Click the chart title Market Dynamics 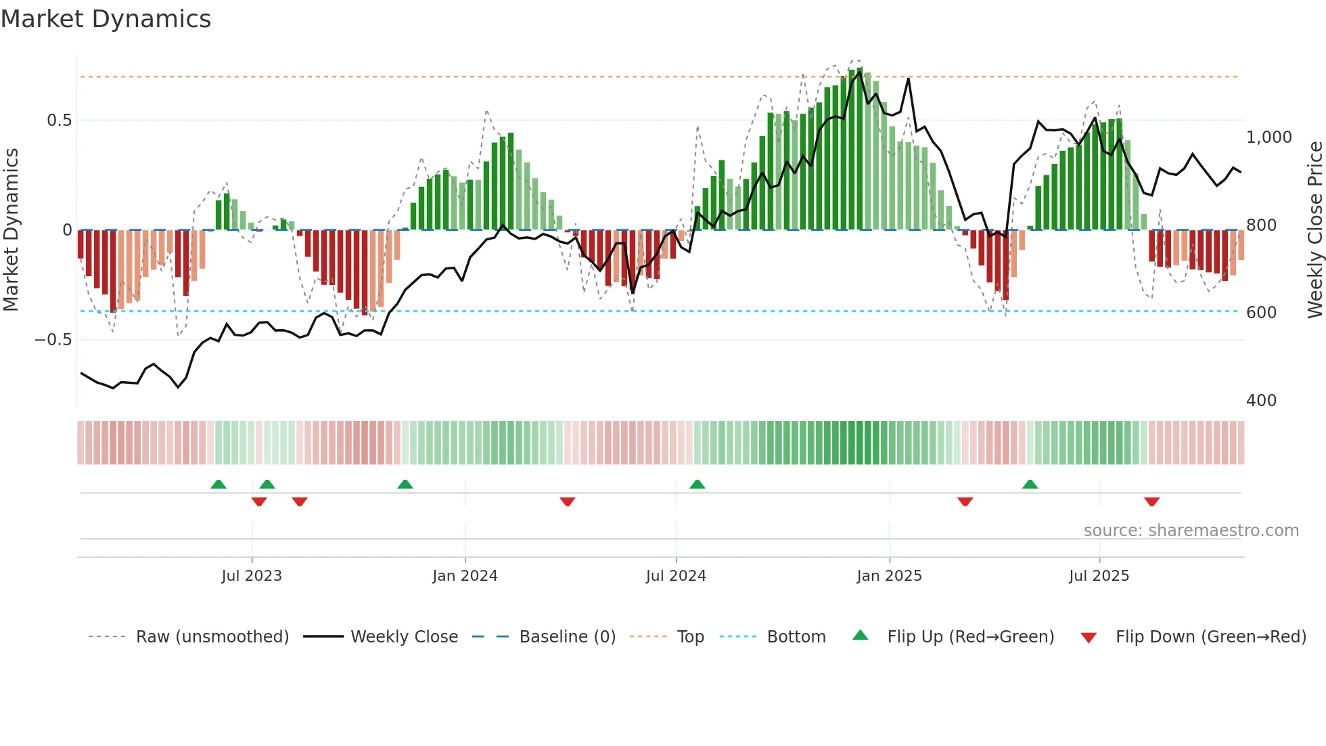pyautogui.click(x=106, y=19)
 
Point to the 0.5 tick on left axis pyautogui.click(x=59, y=120)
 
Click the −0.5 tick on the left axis pyautogui.click(x=53, y=340)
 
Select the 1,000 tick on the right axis pyautogui.click(x=1269, y=137)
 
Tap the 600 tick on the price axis pyautogui.click(x=1261, y=313)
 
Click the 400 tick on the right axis pyautogui.click(x=1261, y=401)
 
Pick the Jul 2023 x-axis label pyautogui.click(x=252, y=576)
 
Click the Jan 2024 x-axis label pyautogui.click(x=465, y=576)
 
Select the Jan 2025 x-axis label pyautogui.click(x=889, y=576)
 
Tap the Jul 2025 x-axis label pyautogui.click(x=1099, y=576)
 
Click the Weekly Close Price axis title pyautogui.click(x=1314, y=230)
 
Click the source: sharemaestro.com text pyautogui.click(x=1191, y=531)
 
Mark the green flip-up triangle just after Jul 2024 pyautogui.click(x=697, y=484)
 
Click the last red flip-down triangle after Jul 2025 pyautogui.click(x=1151, y=502)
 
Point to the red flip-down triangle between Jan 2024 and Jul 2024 pyautogui.click(x=567, y=502)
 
